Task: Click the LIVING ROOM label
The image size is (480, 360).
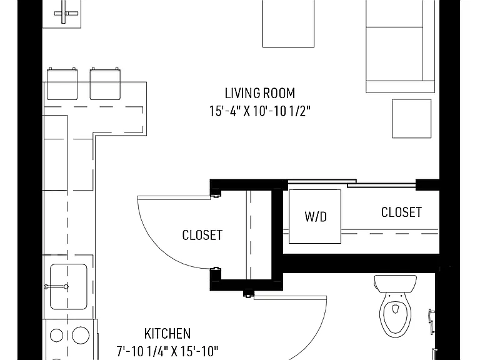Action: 260,93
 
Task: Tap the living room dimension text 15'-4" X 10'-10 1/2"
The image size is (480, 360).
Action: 260,111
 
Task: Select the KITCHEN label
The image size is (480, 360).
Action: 167,334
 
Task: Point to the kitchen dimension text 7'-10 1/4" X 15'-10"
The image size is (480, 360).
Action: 167,351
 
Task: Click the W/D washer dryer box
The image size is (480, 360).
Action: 315,216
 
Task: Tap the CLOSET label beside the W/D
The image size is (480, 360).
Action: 401,212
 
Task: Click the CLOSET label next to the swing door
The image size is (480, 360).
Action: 202,235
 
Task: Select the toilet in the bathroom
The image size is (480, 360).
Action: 395,306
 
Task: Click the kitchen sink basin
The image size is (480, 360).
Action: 68,286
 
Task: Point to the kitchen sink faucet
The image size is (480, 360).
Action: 56,287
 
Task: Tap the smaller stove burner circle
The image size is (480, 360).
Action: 56,336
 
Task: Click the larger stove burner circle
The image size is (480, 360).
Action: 81,335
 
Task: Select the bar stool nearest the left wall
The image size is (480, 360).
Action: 62,84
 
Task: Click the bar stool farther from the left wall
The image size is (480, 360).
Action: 105,84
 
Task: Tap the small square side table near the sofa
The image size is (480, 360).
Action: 412,119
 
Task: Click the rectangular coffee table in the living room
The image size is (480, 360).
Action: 288,24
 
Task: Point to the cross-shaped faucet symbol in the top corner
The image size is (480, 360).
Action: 66,13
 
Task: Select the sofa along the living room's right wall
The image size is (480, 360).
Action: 401,46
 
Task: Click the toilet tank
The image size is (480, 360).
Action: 395,284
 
